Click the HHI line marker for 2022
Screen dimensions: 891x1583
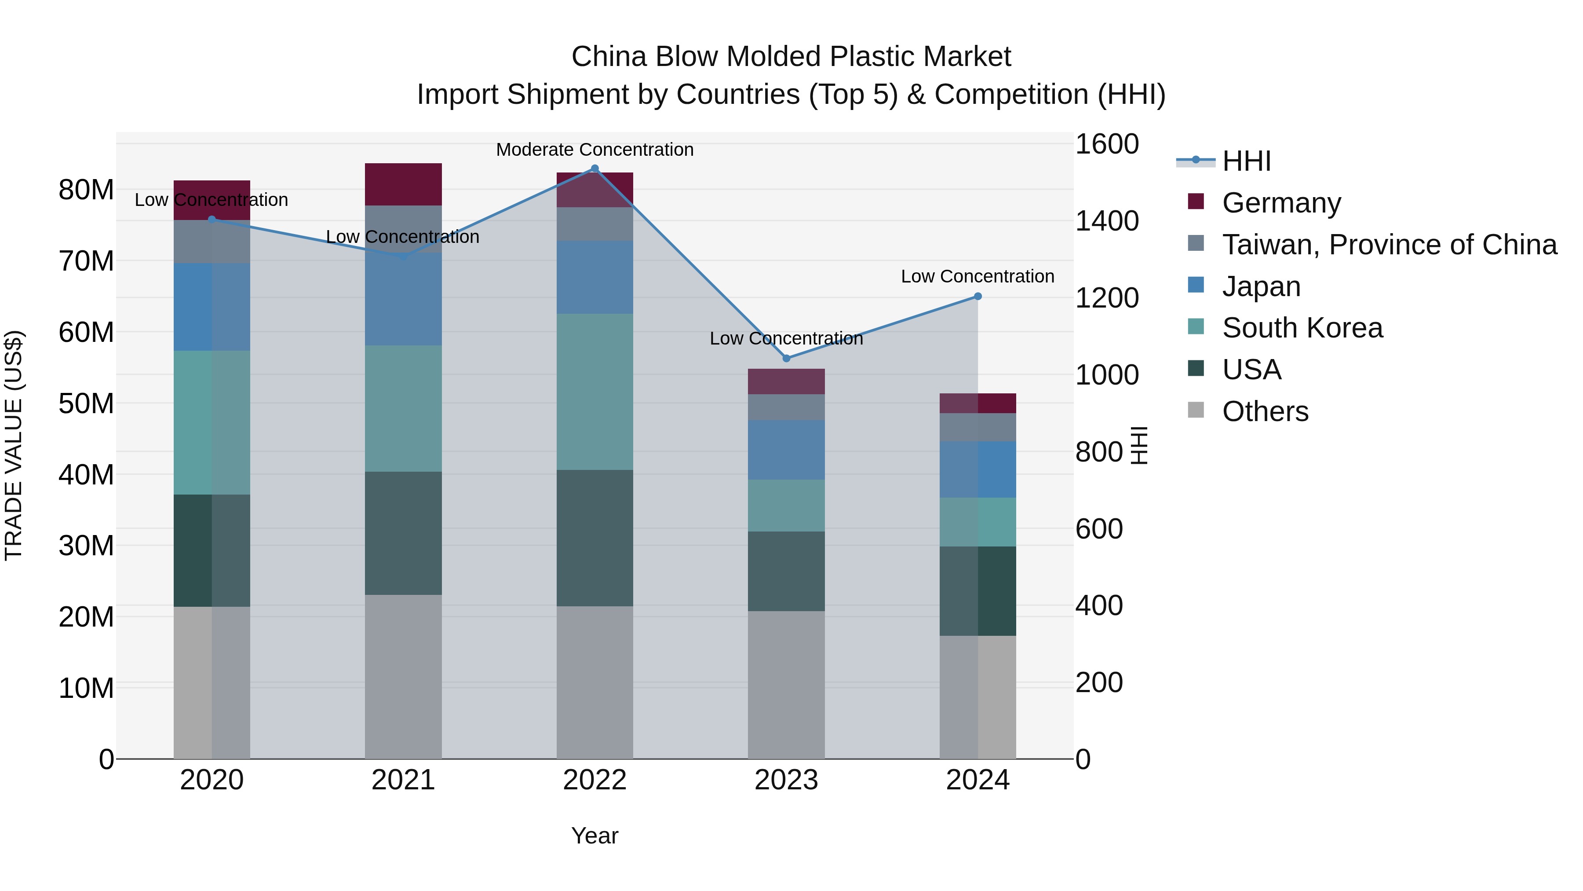point(594,169)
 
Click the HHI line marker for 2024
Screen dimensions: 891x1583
point(978,297)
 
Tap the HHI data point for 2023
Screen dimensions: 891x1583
point(786,359)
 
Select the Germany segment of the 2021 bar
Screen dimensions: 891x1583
point(403,184)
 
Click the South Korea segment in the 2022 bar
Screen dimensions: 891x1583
point(594,392)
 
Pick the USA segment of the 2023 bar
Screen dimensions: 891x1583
point(786,571)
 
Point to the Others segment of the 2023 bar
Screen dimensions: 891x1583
point(786,684)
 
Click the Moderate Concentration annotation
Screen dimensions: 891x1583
point(594,150)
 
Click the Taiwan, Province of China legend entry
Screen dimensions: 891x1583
point(1389,245)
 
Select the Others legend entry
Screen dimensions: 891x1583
point(1265,411)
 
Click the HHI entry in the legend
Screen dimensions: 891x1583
point(1246,161)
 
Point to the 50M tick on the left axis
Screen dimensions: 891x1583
point(86,403)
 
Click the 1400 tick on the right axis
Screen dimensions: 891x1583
point(1106,221)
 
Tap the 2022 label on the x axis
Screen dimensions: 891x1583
point(594,780)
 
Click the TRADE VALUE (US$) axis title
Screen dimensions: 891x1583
point(14,445)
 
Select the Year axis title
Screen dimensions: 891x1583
point(594,836)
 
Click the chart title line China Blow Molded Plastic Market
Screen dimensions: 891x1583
point(791,57)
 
